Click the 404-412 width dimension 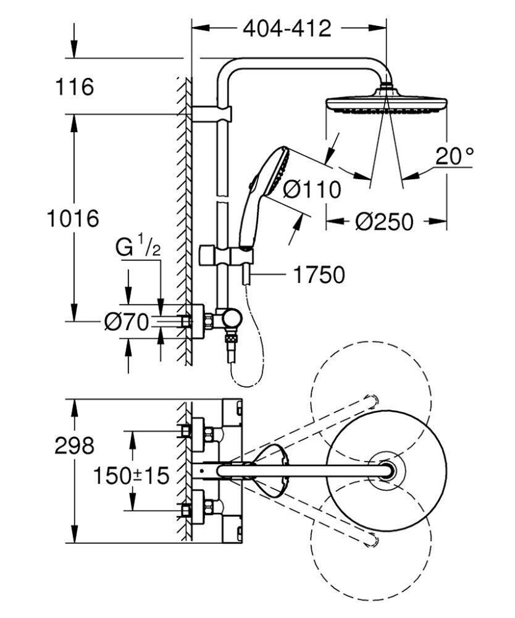pyautogui.click(x=287, y=28)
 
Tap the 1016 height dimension pyautogui.click(x=73, y=218)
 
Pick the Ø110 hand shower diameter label pyautogui.click(x=312, y=190)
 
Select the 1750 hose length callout pyautogui.click(x=318, y=275)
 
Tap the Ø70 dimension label pyautogui.click(x=126, y=321)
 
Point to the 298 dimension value pyautogui.click(x=73, y=446)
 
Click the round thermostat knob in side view pyautogui.click(x=233, y=318)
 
